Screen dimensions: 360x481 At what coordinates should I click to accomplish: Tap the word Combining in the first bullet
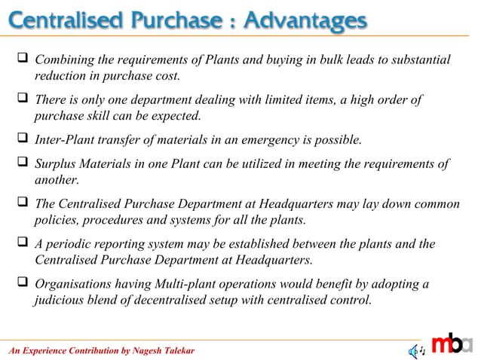coord(65,60)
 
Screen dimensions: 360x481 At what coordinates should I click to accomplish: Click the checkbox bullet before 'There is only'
coord(22,100)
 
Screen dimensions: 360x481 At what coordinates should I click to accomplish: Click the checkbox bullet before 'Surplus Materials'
coord(22,164)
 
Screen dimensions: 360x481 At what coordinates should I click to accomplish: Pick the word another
coord(57,181)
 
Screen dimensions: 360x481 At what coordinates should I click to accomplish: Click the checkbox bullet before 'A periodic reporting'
coord(22,245)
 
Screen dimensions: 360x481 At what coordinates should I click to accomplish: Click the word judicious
coord(61,301)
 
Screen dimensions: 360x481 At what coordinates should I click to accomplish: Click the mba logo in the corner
coord(453,343)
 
